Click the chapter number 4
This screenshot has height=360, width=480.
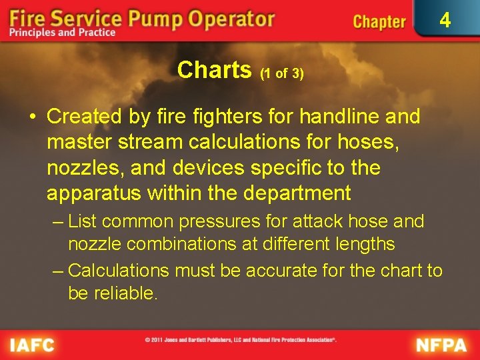pyautogui.click(x=445, y=21)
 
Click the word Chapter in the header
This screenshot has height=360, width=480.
pyautogui.click(x=379, y=22)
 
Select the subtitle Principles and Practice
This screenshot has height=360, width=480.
pyautogui.click(x=63, y=33)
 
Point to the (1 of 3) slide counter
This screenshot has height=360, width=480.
pyautogui.click(x=282, y=74)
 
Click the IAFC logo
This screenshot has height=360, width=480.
pyautogui.click(x=32, y=345)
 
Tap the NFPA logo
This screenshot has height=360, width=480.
pyautogui.click(x=442, y=345)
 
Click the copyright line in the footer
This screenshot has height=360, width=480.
pyautogui.click(x=241, y=340)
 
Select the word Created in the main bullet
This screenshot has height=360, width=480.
pyautogui.click(x=85, y=117)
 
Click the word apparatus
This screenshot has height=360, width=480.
pyautogui.click(x=93, y=194)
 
